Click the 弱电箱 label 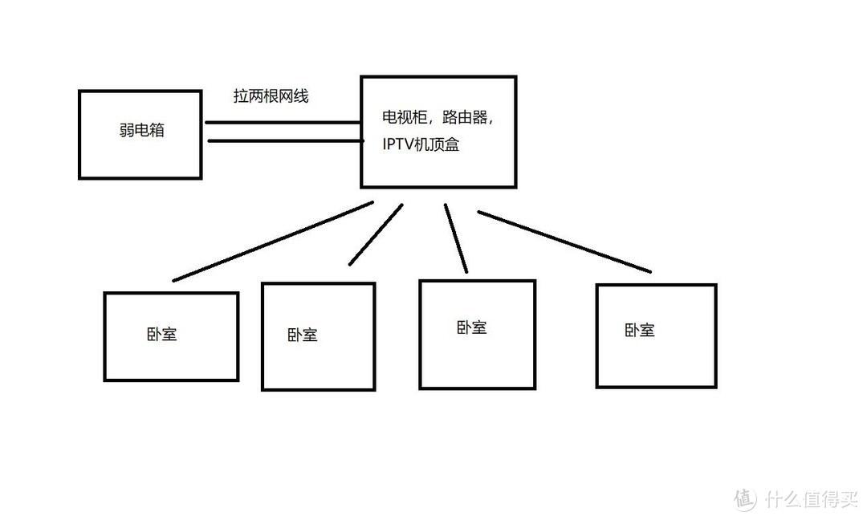(141, 130)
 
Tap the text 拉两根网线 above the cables (271, 96)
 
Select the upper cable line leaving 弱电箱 (282, 123)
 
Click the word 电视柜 (402, 118)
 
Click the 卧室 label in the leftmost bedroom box (161, 333)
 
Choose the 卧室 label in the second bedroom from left (302, 335)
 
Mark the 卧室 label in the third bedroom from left (471, 327)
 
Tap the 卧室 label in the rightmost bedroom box (639, 330)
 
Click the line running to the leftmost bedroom (273, 241)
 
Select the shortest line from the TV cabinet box (375, 234)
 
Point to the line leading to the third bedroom (456, 238)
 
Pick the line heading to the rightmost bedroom (564, 241)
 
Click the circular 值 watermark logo (745, 498)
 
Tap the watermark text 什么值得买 (811, 499)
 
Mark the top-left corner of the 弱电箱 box (79, 91)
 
